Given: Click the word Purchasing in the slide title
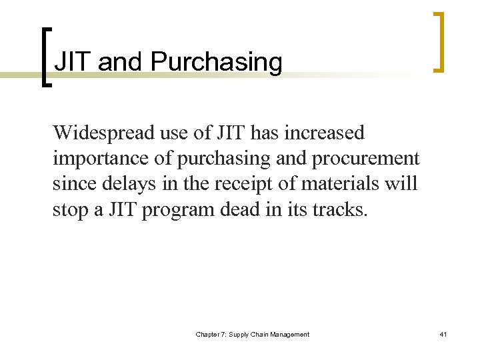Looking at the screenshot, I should (217, 62).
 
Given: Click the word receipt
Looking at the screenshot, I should (231, 184).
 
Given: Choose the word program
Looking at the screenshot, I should (173, 209).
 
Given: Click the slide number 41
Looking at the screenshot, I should (444, 334).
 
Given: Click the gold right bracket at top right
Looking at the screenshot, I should (437, 41).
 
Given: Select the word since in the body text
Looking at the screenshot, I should (72, 184).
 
